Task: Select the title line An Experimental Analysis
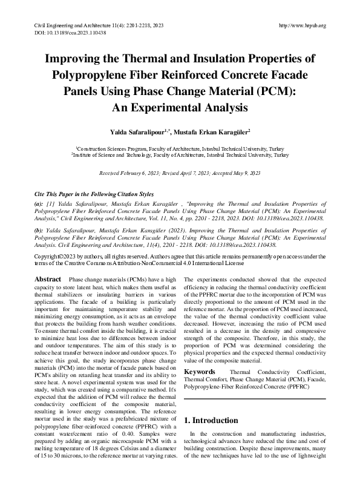tap(180, 109)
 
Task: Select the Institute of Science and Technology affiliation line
tap(180, 156)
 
